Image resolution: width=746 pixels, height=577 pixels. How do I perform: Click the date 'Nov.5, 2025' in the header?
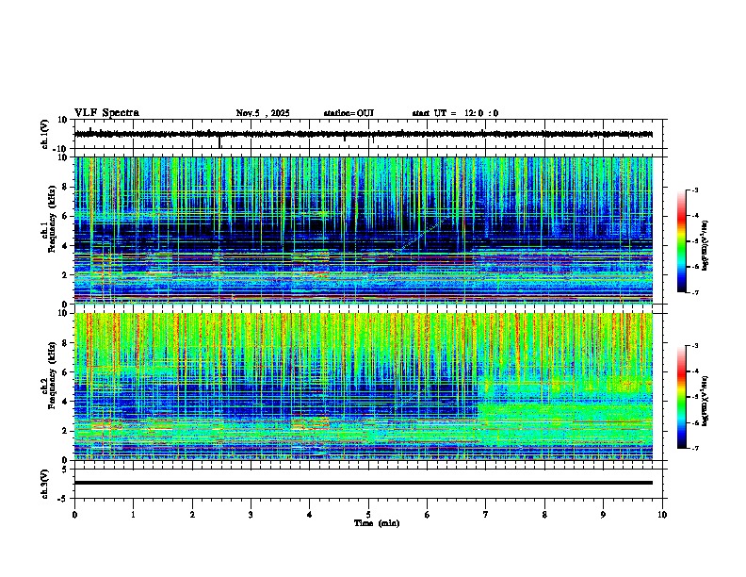[266, 113]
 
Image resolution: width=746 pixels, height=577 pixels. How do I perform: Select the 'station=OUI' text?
[349, 113]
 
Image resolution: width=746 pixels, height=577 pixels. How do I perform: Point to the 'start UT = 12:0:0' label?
[455, 113]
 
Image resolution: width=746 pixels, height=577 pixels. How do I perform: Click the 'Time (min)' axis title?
[376, 522]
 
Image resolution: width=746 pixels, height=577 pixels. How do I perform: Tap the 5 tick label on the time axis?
[368, 514]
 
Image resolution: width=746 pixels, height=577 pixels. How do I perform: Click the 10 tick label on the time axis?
[662, 514]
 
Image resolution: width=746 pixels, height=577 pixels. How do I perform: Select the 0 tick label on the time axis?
[74, 514]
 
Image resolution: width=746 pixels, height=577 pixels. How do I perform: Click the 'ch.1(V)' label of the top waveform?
[44, 134]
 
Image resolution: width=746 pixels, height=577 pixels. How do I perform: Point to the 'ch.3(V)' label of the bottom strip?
[44, 483]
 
